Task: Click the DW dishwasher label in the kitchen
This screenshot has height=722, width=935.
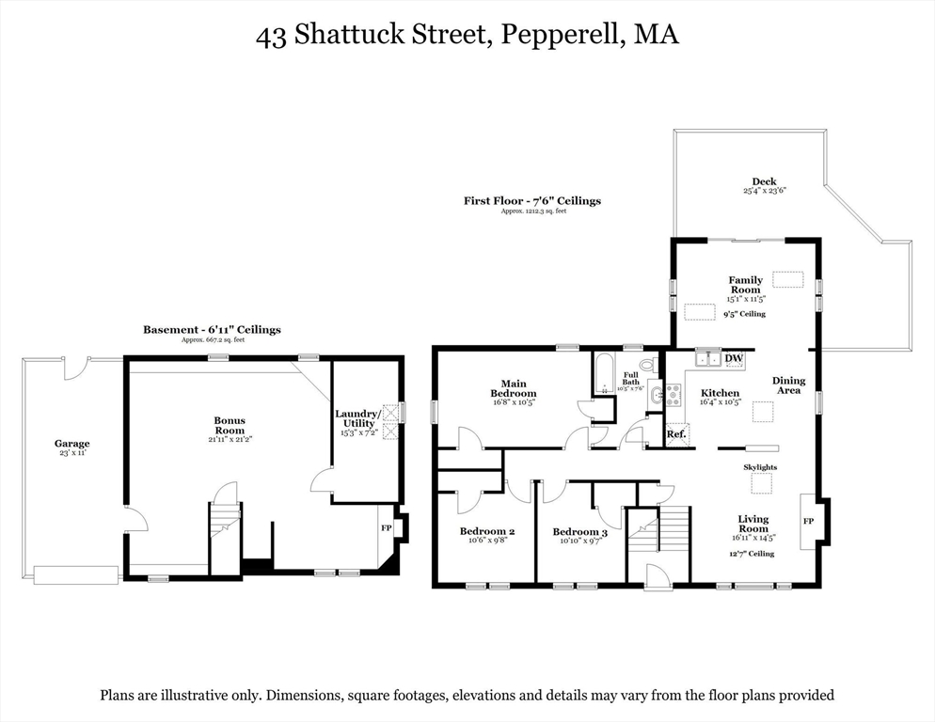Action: (x=735, y=358)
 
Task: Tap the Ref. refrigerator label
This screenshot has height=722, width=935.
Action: (x=675, y=434)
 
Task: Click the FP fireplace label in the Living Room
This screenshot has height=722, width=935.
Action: (x=807, y=521)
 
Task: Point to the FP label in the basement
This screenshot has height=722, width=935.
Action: (x=386, y=528)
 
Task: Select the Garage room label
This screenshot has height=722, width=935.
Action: (x=71, y=444)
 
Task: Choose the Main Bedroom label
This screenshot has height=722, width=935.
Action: (x=513, y=388)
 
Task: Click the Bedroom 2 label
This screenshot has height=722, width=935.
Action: (x=486, y=531)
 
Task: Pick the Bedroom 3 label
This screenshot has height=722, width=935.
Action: (x=579, y=532)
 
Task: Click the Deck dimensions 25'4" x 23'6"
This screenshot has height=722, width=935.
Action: (x=764, y=191)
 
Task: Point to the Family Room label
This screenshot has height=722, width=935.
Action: (x=745, y=285)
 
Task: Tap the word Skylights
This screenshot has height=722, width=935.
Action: (x=760, y=467)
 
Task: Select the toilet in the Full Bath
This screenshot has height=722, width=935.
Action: (x=647, y=365)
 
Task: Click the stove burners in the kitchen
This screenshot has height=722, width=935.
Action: (x=673, y=395)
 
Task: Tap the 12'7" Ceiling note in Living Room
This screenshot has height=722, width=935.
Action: (x=753, y=554)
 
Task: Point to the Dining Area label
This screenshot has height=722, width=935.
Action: (x=788, y=385)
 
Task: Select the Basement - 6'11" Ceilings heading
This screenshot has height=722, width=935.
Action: (x=212, y=330)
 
